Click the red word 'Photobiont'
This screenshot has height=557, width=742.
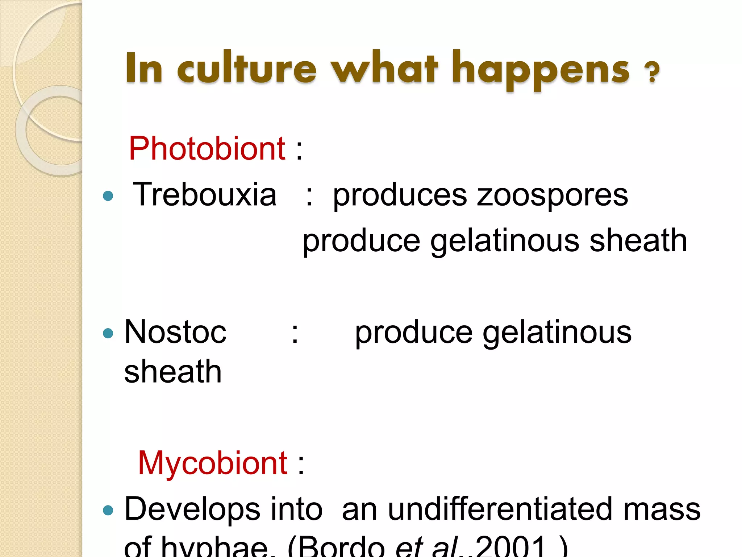coord(207,148)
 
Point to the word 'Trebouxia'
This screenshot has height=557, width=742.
coord(205,195)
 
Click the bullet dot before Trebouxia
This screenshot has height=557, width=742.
coord(108,196)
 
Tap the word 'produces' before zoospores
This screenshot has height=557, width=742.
coord(400,196)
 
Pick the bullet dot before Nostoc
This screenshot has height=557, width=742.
coord(108,333)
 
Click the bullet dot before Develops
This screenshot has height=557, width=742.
coord(108,511)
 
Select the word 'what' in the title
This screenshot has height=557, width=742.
coord(385,68)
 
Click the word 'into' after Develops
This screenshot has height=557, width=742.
coord(296,509)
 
